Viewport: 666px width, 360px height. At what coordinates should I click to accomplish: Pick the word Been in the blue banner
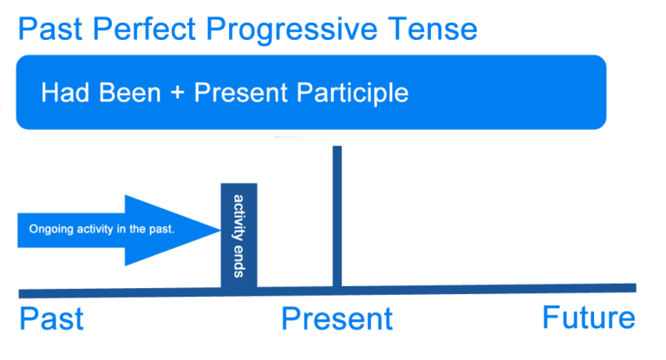tap(132, 93)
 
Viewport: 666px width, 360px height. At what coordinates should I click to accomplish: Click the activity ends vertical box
tap(239, 234)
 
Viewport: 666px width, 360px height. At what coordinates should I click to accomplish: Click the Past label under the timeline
tap(52, 318)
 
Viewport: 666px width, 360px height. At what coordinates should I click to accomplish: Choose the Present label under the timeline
tap(336, 318)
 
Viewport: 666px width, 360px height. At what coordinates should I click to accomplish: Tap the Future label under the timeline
tap(588, 317)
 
